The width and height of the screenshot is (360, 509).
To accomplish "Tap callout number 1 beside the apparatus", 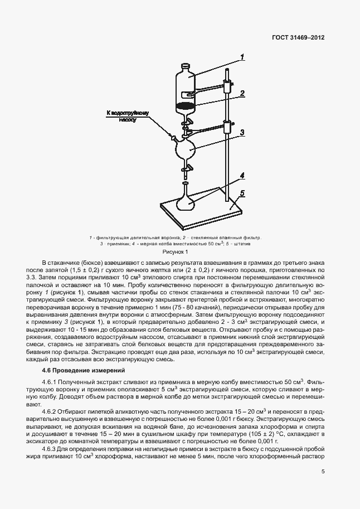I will coord(243,56).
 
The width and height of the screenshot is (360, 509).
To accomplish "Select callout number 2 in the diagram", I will coord(243,94).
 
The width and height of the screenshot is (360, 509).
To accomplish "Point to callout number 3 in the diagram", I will coord(243,133).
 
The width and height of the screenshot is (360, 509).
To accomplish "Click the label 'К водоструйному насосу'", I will coord(129,117).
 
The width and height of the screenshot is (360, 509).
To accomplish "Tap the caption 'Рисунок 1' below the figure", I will coord(179,252).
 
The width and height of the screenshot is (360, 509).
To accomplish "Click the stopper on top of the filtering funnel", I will coord(186,67).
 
